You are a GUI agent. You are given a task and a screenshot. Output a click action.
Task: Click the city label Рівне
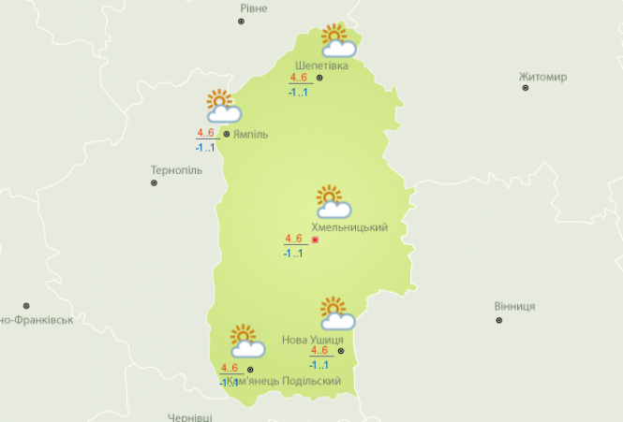coord(253,8)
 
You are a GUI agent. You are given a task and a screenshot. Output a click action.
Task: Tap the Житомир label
coord(542,77)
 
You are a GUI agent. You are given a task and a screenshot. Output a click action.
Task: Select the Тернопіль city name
coord(176,171)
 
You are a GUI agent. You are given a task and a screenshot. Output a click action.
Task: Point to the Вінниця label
coord(514,307)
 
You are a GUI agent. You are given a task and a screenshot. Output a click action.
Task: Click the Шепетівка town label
coord(321,66)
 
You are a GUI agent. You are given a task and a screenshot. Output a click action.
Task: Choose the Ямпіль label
coord(250,134)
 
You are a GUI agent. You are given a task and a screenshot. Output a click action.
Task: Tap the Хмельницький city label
coord(355,228)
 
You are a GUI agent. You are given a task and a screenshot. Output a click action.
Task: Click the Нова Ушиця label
coord(312,339)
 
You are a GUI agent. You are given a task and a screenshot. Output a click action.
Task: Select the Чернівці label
coord(190,416)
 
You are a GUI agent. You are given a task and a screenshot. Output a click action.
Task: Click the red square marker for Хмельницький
coord(315,240)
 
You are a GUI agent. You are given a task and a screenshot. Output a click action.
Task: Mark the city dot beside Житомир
coord(526,88)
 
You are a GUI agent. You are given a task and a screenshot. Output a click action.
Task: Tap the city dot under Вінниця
coord(498,320)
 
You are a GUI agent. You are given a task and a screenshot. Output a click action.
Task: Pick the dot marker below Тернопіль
coord(154,183)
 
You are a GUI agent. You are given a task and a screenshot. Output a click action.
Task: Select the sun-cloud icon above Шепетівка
coord(338,40)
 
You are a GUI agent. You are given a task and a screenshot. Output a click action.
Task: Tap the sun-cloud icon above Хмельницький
coord(333,202)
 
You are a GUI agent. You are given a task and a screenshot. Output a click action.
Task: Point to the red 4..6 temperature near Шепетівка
coord(299,79)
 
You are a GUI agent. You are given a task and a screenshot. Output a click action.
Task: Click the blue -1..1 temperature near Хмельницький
coord(294,253)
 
